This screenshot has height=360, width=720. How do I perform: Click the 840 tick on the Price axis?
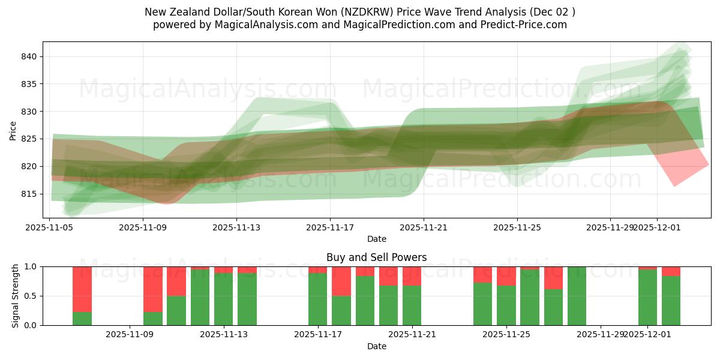point(30,56)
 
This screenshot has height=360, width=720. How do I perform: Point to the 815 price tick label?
point(30,194)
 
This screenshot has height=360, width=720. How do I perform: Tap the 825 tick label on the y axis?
point(30,139)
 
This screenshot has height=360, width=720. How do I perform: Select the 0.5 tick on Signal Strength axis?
point(30,296)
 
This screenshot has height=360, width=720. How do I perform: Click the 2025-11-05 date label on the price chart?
point(49,227)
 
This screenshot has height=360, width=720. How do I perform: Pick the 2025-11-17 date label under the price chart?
point(330,227)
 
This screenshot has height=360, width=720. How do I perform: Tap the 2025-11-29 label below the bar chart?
point(601,334)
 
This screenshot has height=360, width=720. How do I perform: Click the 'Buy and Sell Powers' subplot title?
point(376,257)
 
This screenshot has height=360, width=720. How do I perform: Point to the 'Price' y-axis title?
point(13,130)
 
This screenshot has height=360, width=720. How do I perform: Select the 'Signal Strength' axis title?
point(16,296)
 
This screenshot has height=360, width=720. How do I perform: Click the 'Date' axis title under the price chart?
point(376,239)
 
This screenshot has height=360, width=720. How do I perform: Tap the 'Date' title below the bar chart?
point(376,346)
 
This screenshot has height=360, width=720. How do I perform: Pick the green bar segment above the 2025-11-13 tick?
point(223,299)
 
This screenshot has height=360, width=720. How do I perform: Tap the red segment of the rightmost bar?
point(671,271)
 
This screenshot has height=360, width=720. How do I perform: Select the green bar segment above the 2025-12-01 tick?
point(647,298)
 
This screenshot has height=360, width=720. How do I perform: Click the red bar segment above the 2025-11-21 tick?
point(412,276)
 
